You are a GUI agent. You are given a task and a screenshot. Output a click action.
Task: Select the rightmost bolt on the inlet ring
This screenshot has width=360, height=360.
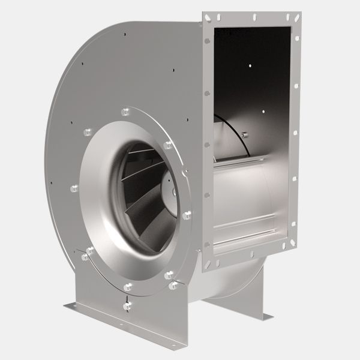pyautogui.click(x=187, y=214)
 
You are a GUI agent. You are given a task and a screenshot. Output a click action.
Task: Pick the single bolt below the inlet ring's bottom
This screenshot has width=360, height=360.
pyautogui.click(x=127, y=306)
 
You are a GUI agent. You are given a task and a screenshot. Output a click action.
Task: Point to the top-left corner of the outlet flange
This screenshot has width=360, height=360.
pyautogui.click(x=203, y=13)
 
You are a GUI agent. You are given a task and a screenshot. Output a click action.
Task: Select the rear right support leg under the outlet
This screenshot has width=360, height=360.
pyautogui.click(x=240, y=300)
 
